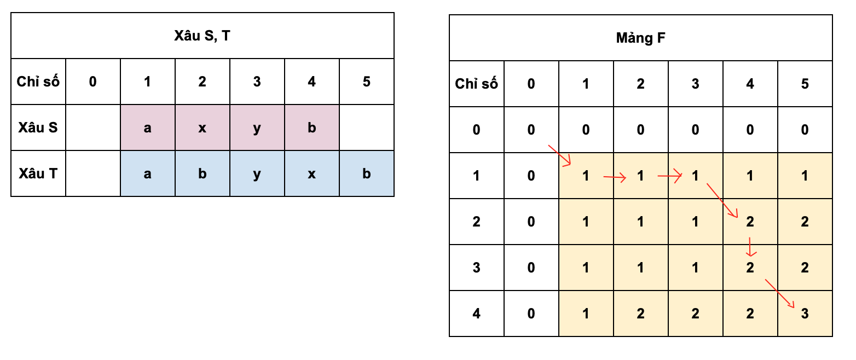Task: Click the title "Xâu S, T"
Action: point(202,36)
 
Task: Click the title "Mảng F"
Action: point(640,38)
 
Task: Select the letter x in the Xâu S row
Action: point(202,128)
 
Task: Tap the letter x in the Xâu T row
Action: point(312,175)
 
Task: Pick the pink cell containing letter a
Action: point(148,127)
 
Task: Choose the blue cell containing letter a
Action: point(148,173)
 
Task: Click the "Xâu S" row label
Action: point(38,127)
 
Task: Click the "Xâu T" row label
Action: point(38,173)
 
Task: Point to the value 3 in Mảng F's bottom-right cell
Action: point(805,313)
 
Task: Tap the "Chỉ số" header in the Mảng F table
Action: point(476,84)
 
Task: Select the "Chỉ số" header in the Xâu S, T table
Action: point(38,82)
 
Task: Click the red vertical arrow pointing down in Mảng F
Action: point(750,247)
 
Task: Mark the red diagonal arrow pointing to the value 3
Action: point(779,293)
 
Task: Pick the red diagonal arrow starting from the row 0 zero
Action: point(559,155)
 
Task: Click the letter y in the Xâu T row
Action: point(257,175)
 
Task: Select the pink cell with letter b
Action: point(312,127)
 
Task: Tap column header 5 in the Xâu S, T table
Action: point(367,82)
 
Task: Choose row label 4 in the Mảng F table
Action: point(476,313)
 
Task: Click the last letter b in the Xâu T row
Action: point(367,173)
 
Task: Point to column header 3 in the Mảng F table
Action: point(695,84)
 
